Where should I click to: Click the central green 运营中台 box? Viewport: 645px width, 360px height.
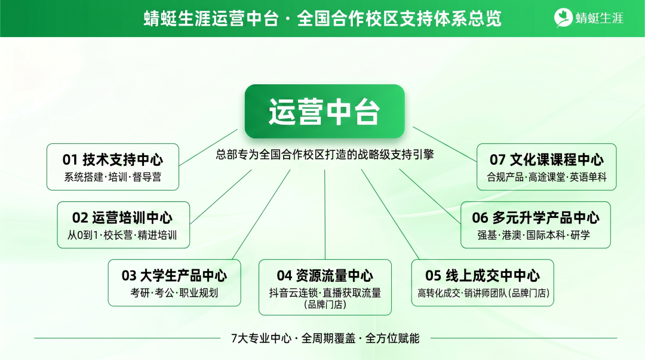click(x=324, y=112)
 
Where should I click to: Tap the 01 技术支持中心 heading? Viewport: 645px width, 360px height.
click(x=113, y=159)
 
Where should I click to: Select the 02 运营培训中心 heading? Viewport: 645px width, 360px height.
click(x=122, y=217)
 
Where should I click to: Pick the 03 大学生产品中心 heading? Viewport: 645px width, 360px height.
click(x=174, y=275)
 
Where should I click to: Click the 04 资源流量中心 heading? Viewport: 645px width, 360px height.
click(x=325, y=275)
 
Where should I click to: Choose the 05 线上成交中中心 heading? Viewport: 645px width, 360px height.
click(x=483, y=275)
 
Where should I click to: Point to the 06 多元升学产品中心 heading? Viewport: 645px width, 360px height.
click(x=535, y=217)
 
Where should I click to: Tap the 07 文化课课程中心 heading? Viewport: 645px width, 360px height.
click(x=546, y=159)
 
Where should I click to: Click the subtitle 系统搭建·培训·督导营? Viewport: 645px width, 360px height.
click(x=113, y=177)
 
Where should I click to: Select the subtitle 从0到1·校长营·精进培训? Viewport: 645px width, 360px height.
click(x=122, y=235)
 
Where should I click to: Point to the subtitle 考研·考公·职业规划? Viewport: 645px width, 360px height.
click(x=174, y=293)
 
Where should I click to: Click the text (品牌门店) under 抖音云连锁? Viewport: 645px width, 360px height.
click(x=325, y=304)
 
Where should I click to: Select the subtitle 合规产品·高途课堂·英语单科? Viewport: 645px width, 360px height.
click(x=546, y=177)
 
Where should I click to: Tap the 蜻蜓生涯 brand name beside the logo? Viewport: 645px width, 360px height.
click(x=599, y=19)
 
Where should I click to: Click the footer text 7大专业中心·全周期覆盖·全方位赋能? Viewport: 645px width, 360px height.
click(x=325, y=339)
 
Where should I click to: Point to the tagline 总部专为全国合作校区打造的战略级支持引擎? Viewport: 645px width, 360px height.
click(x=325, y=155)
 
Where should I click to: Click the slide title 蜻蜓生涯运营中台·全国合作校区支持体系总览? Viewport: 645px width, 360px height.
click(x=322, y=19)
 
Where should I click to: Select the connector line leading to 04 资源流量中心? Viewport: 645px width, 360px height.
click(x=325, y=215)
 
